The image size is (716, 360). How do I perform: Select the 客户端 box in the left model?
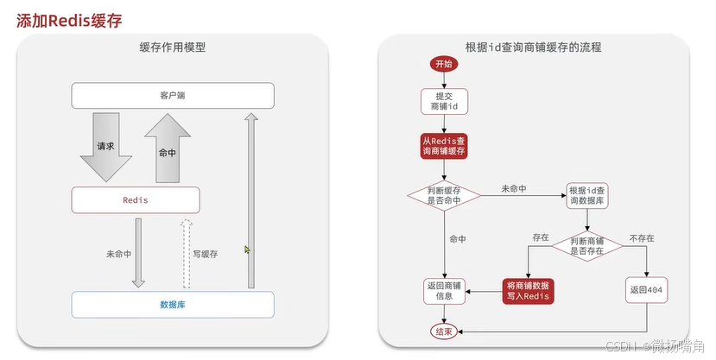[x=173, y=95]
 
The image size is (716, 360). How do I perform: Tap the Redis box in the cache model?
[x=136, y=199]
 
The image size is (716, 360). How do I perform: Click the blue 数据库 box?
[x=173, y=304]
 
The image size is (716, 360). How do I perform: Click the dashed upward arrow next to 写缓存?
[x=185, y=252]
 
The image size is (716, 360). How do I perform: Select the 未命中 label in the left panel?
[x=118, y=254]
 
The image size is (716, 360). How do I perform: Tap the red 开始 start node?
[x=444, y=65]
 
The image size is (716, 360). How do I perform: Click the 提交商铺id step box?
[x=444, y=100]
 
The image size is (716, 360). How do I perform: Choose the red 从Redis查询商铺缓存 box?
[x=444, y=145]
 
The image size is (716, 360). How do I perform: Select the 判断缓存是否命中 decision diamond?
[x=444, y=196]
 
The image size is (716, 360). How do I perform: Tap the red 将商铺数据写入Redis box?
[x=527, y=291]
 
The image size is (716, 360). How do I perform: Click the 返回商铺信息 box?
[x=444, y=291]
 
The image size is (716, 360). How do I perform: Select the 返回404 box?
[x=648, y=291]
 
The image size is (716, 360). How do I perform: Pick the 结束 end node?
[x=444, y=331]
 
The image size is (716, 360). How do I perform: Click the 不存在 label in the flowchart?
[x=640, y=237]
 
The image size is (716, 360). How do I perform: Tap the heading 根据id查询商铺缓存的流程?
[x=533, y=48]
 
